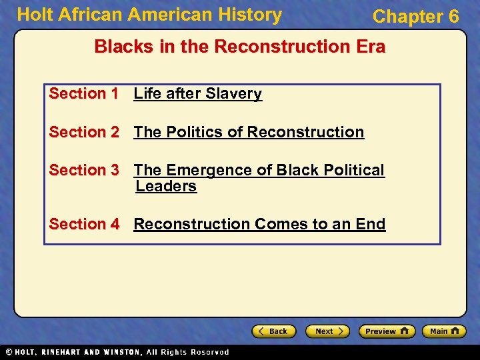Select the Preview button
[x=387, y=331]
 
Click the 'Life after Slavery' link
[x=197, y=94]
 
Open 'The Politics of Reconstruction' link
[x=249, y=133]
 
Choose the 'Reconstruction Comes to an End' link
[x=259, y=224]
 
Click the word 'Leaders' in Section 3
[x=166, y=187]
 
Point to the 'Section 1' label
[x=83, y=94]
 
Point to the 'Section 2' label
[x=83, y=133]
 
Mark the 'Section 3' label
[x=83, y=171]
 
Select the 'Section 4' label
[x=83, y=224]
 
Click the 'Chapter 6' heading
[x=415, y=17]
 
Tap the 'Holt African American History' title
[x=149, y=15]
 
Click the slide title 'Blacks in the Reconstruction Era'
[x=239, y=47]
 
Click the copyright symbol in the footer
[x=9, y=352]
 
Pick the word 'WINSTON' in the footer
[x=121, y=352]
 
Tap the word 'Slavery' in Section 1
[x=234, y=94]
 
